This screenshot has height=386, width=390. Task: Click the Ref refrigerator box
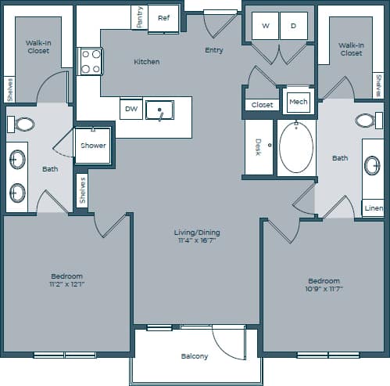(163, 18)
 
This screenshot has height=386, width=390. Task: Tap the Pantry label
(139, 18)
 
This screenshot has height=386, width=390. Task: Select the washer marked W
(265, 26)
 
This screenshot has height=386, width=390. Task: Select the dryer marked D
(294, 26)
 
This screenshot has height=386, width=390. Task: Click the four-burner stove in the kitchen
(91, 61)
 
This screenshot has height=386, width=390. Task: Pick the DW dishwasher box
(131, 109)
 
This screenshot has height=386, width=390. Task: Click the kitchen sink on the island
(160, 110)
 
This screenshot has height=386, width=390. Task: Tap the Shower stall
(93, 146)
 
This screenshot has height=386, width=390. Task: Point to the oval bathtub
(296, 147)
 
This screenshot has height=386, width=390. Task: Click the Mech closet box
(298, 102)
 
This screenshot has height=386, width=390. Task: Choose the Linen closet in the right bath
(374, 208)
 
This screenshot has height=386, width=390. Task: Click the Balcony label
(195, 356)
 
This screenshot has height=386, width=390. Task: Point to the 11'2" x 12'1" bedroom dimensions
(66, 285)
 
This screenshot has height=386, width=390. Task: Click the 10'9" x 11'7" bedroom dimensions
(324, 289)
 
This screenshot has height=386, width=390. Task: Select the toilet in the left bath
(24, 124)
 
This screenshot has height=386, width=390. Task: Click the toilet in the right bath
(364, 121)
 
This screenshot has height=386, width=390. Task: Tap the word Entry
(213, 50)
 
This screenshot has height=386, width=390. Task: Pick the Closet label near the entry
(263, 104)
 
